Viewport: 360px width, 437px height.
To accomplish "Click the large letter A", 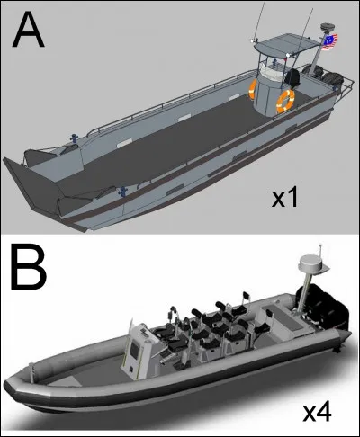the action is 29,29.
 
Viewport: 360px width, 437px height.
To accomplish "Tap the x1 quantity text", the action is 284,198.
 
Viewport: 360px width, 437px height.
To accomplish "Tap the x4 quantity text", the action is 317,413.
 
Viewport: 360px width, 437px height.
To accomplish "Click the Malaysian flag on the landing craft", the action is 330,42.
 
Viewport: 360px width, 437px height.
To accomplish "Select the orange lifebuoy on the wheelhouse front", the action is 285,102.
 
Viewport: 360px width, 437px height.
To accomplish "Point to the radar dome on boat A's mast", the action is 326,28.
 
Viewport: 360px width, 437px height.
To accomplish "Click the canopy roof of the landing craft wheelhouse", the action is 286,45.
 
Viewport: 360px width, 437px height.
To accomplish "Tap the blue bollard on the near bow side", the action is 122,191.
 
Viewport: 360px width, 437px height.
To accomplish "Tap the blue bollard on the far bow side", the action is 73,138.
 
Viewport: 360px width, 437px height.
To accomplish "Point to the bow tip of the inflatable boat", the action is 7,385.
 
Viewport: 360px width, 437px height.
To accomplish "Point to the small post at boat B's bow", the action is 31,371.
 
